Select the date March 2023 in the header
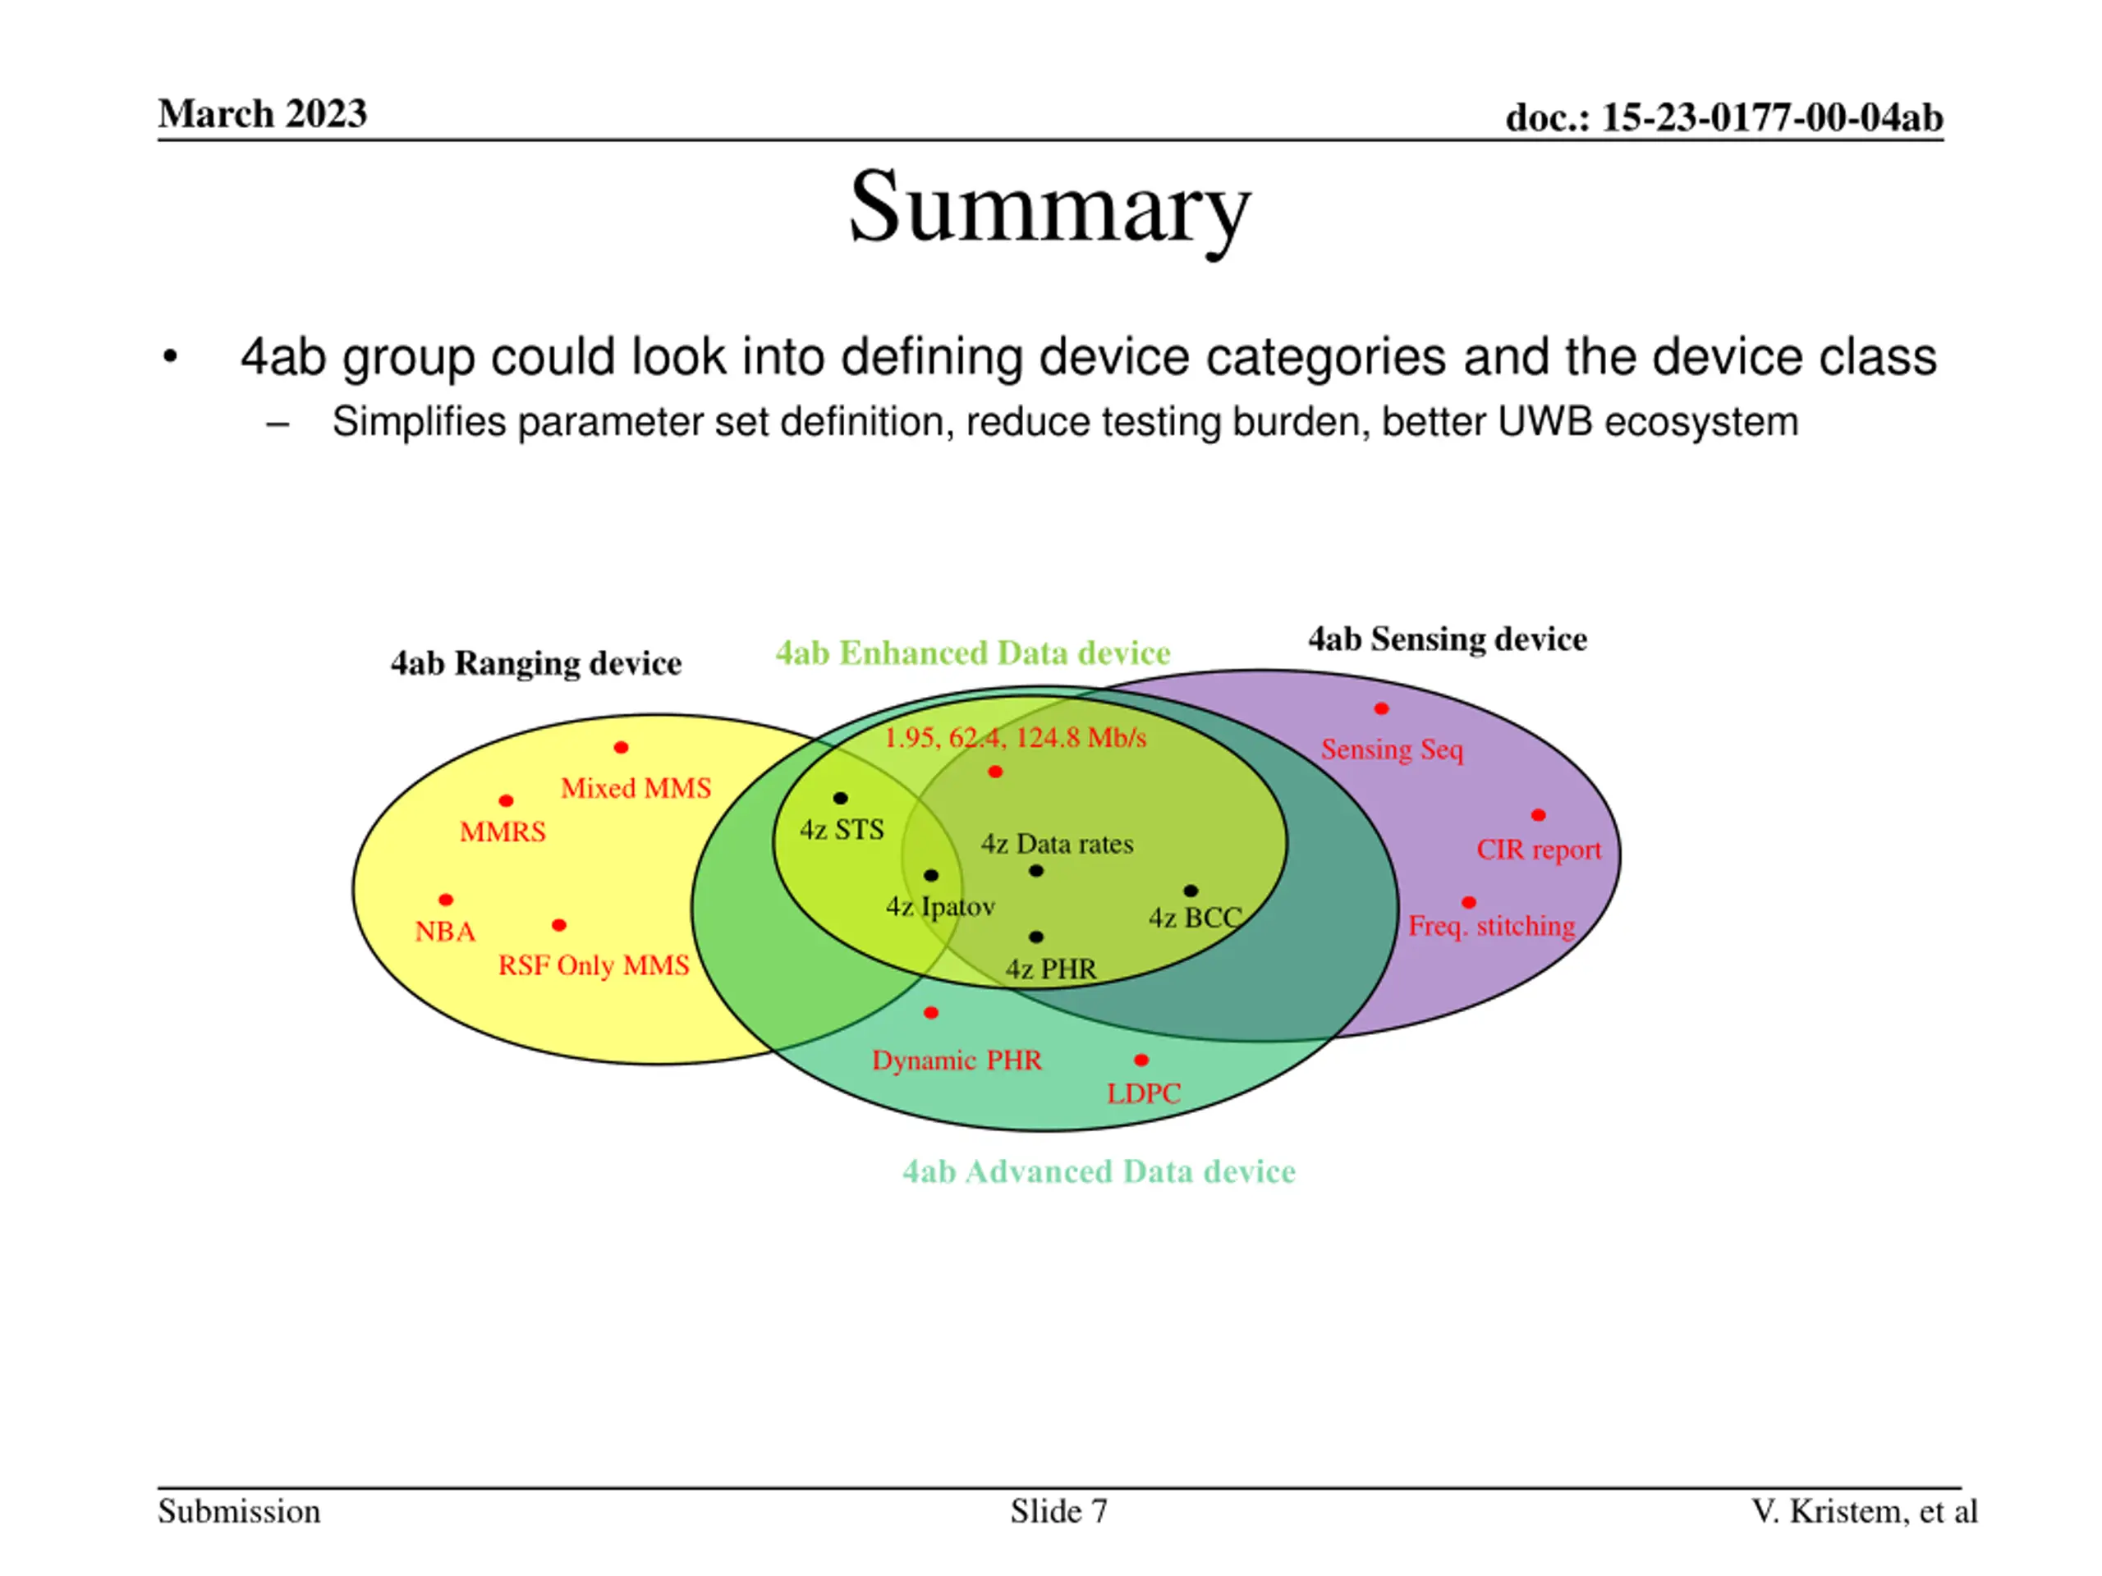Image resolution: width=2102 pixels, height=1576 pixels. pos(262,114)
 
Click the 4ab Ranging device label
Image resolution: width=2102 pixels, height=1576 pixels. pos(536,663)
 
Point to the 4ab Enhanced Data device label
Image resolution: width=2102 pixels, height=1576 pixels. pos(972,653)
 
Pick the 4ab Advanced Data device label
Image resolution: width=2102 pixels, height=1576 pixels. pos(1099,1171)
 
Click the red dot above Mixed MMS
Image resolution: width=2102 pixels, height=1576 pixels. pos(621,748)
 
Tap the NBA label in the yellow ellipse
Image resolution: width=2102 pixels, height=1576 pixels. pos(445,931)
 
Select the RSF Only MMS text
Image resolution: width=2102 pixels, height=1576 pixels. pos(593,965)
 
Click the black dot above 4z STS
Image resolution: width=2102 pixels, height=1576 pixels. pos(840,798)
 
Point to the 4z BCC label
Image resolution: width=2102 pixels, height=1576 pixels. pos(1195,918)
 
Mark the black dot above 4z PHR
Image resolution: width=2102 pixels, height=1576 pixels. pos(1035,937)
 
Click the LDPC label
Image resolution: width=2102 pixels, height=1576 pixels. pos(1143,1093)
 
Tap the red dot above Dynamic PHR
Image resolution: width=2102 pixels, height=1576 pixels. pos(931,1013)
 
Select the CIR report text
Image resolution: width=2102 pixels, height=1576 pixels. pos(1538,850)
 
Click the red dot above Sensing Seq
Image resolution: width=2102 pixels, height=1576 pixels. pos(1382,708)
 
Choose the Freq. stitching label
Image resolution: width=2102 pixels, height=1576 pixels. pos(1491,925)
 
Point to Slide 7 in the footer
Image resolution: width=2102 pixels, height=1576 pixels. pos(1058,1511)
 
